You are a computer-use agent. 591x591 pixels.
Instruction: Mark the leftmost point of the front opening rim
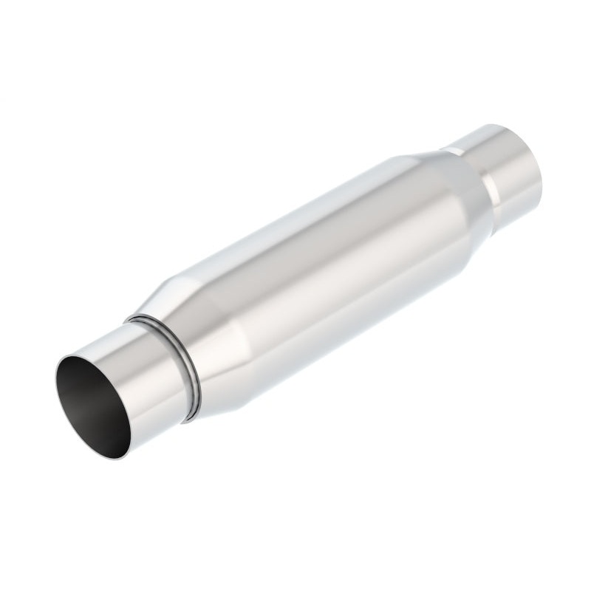tap(55, 384)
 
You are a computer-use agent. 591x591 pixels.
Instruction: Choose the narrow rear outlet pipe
tap(502, 163)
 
